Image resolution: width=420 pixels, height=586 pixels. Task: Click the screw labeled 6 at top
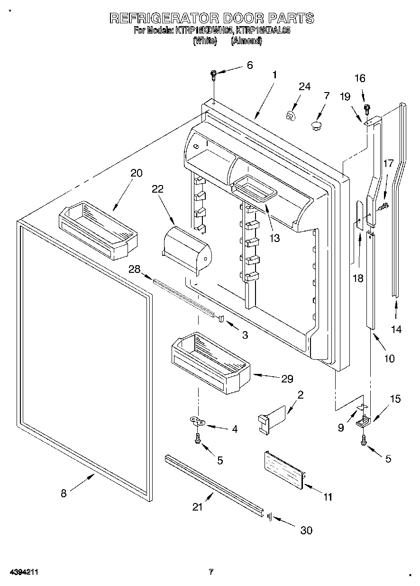click(x=214, y=74)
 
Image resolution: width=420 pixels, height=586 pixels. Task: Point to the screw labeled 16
click(x=366, y=108)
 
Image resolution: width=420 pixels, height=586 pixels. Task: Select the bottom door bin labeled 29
click(x=209, y=363)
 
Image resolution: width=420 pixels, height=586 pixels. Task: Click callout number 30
click(x=307, y=530)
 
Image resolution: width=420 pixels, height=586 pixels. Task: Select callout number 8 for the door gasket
click(x=64, y=493)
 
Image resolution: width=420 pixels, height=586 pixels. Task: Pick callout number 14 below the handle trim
click(x=396, y=329)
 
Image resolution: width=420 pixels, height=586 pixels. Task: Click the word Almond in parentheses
click(x=247, y=41)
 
